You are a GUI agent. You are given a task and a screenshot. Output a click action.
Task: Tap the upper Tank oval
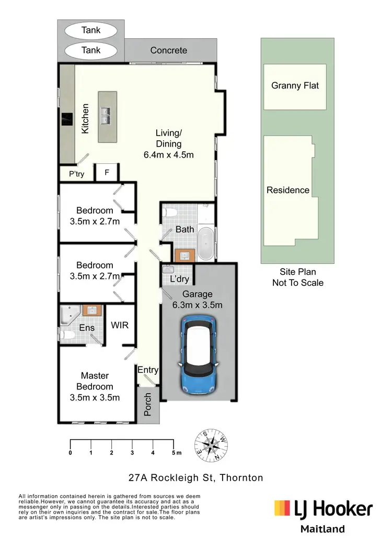[91, 31]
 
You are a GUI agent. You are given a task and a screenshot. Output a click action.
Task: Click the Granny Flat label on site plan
[295, 86]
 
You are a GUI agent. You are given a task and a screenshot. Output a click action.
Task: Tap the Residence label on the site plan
[288, 190]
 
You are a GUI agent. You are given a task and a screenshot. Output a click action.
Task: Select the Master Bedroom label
[95, 381]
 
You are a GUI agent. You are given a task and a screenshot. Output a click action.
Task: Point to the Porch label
[147, 404]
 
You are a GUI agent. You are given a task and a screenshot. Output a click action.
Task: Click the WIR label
[120, 325]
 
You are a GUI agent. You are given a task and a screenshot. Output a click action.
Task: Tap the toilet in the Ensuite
[66, 335]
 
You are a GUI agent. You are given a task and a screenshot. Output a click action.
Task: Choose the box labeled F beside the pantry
[107, 172]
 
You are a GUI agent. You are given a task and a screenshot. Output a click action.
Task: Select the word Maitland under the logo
[322, 529]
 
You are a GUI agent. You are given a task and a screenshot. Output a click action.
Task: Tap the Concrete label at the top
[168, 51]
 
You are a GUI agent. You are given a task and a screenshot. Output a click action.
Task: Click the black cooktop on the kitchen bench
[67, 119]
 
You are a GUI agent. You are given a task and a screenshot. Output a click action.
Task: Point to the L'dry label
[180, 280]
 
